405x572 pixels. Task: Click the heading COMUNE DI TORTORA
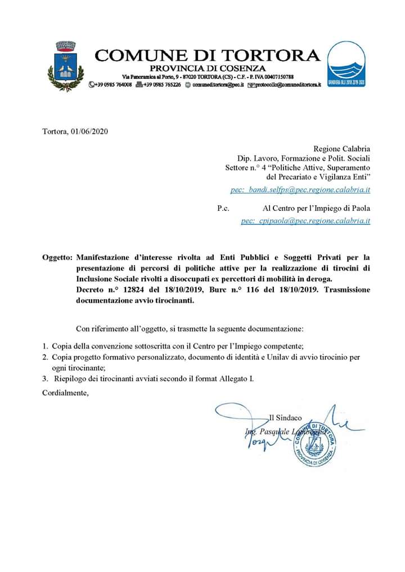click(208, 55)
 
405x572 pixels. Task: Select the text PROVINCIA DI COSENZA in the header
click(208, 67)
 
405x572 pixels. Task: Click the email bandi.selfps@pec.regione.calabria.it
click(300, 190)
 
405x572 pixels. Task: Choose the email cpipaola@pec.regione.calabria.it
click(305, 221)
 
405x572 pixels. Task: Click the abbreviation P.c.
click(223, 208)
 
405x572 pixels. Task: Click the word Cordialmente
click(65, 393)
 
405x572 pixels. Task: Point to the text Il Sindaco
click(286, 418)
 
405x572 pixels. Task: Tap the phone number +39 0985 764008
click(112, 84)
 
